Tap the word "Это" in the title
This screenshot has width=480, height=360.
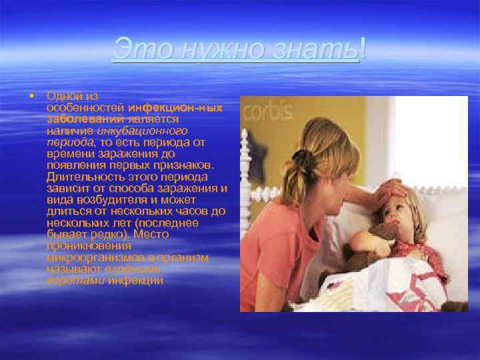coord(137,48)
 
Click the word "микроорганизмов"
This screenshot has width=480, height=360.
coord(93,257)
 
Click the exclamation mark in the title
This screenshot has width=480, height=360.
coord(361,48)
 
